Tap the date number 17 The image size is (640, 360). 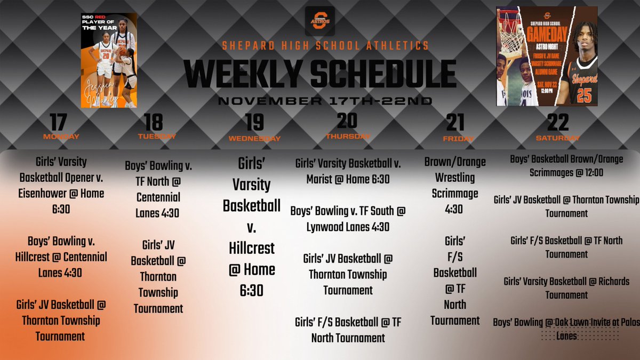[x=58, y=122]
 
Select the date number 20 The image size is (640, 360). [x=347, y=121]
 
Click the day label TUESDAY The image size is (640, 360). [x=157, y=137]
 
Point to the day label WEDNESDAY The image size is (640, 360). [x=254, y=139]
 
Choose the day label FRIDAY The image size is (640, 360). [x=458, y=139]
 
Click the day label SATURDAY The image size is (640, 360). [x=558, y=138]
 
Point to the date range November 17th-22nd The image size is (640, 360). [x=320, y=101]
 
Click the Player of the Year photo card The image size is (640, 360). [x=109, y=60]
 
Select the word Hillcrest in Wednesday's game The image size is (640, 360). [x=252, y=248]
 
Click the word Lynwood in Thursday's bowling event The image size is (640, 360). [x=324, y=227]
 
